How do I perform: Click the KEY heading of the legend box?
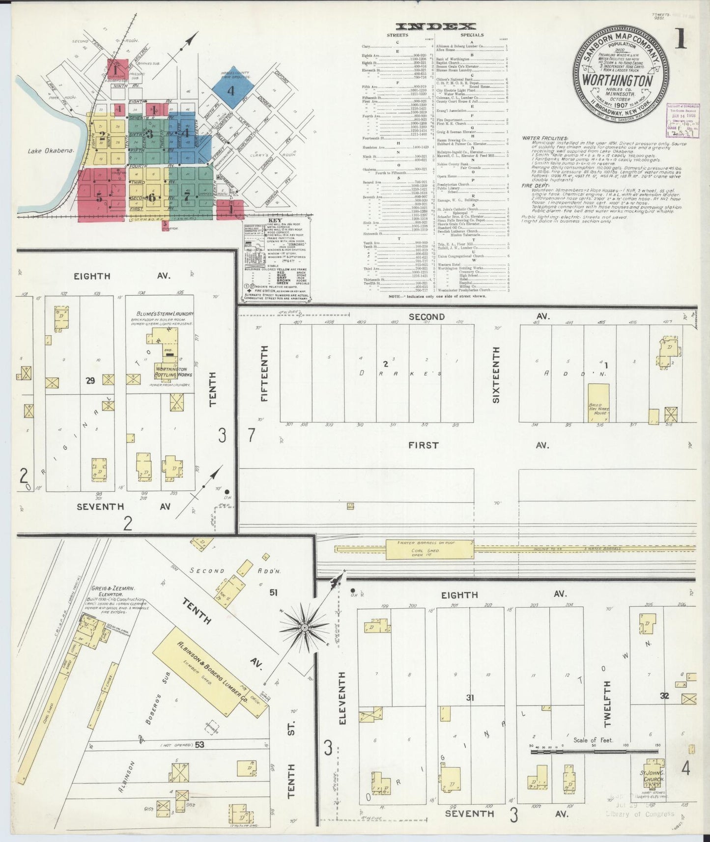(277, 220)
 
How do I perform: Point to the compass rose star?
(305, 628)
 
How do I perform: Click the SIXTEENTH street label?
(496, 374)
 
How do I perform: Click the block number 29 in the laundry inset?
(90, 380)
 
